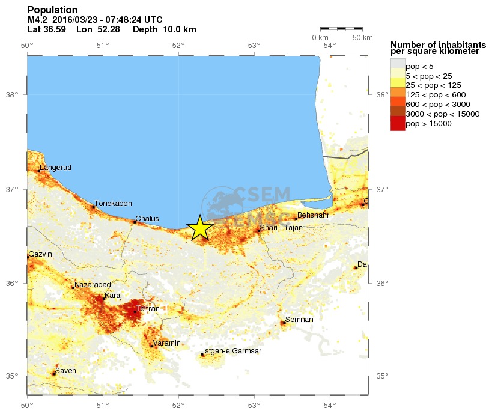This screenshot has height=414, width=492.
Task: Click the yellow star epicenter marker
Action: point(200,228)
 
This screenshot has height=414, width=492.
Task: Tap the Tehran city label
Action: point(148,309)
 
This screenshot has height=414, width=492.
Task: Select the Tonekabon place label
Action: point(113,204)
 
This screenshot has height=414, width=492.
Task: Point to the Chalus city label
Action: point(147,219)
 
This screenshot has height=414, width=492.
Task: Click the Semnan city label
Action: point(299,320)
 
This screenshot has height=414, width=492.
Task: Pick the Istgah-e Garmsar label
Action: point(232,351)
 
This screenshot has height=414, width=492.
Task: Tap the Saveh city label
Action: point(65,371)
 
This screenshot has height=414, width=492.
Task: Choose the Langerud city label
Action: point(55,168)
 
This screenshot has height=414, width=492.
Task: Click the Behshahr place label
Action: point(312,215)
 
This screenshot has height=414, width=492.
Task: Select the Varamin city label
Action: point(166,343)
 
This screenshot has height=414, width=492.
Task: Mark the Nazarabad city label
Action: point(93,284)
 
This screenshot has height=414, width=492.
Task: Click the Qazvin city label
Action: point(41,254)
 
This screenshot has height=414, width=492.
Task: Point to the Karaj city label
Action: point(114,296)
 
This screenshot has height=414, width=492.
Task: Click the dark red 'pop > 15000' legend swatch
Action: point(398,124)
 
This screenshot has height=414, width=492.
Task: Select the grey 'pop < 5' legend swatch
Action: point(398,66)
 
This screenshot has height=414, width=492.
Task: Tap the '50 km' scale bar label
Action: point(362,38)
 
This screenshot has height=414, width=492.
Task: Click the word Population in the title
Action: point(52,10)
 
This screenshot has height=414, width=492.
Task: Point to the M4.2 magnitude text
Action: point(38,20)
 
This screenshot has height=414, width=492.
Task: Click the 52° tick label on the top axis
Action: point(178,46)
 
